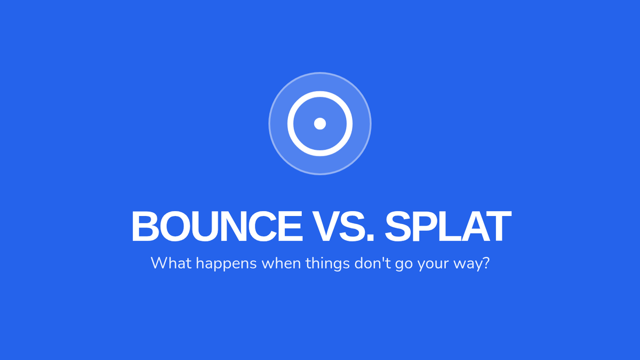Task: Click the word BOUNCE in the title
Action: tap(217, 226)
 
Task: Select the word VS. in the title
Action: tap(343, 226)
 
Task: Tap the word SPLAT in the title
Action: tap(448, 226)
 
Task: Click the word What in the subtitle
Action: tap(171, 263)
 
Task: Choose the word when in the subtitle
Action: tap(281, 263)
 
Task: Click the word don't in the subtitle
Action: tap(373, 263)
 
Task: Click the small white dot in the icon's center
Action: tap(320, 124)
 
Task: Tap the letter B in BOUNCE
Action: tap(145, 226)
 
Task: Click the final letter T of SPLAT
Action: tap(498, 226)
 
